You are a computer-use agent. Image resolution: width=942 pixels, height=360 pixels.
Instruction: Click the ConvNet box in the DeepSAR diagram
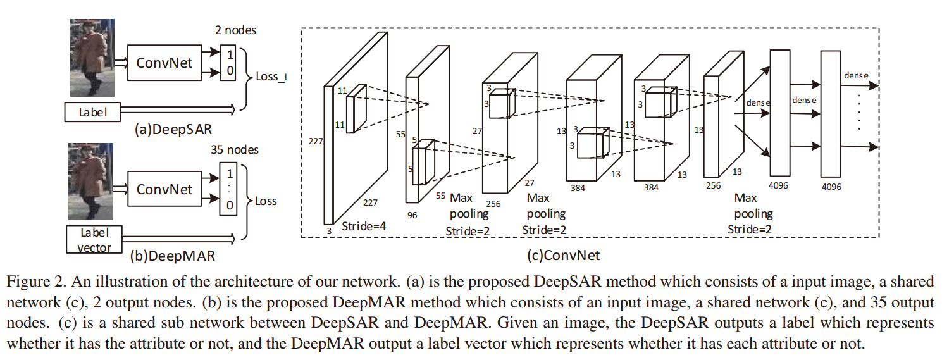tap(164, 63)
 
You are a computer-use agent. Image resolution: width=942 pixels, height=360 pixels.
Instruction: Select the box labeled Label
tap(92, 113)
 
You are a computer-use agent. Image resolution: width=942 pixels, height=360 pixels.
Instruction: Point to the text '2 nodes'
tap(235, 30)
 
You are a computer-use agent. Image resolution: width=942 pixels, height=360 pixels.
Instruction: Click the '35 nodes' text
tap(235, 150)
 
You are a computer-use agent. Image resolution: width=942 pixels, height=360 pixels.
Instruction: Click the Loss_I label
tap(271, 77)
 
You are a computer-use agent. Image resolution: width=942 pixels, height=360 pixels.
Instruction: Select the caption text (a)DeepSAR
tap(173, 130)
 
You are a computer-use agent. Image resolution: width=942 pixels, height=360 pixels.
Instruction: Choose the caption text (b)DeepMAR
tap(172, 256)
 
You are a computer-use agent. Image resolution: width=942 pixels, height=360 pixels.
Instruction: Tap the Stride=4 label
tap(364, 226)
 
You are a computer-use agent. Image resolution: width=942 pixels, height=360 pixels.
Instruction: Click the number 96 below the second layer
tap(412, 215)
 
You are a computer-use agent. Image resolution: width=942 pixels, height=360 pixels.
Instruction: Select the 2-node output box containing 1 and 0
tap(228, 63)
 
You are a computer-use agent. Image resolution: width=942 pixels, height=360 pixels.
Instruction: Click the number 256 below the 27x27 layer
tap(493, 204)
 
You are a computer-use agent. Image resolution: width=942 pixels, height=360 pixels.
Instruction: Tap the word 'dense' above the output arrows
tap(856, 75)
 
